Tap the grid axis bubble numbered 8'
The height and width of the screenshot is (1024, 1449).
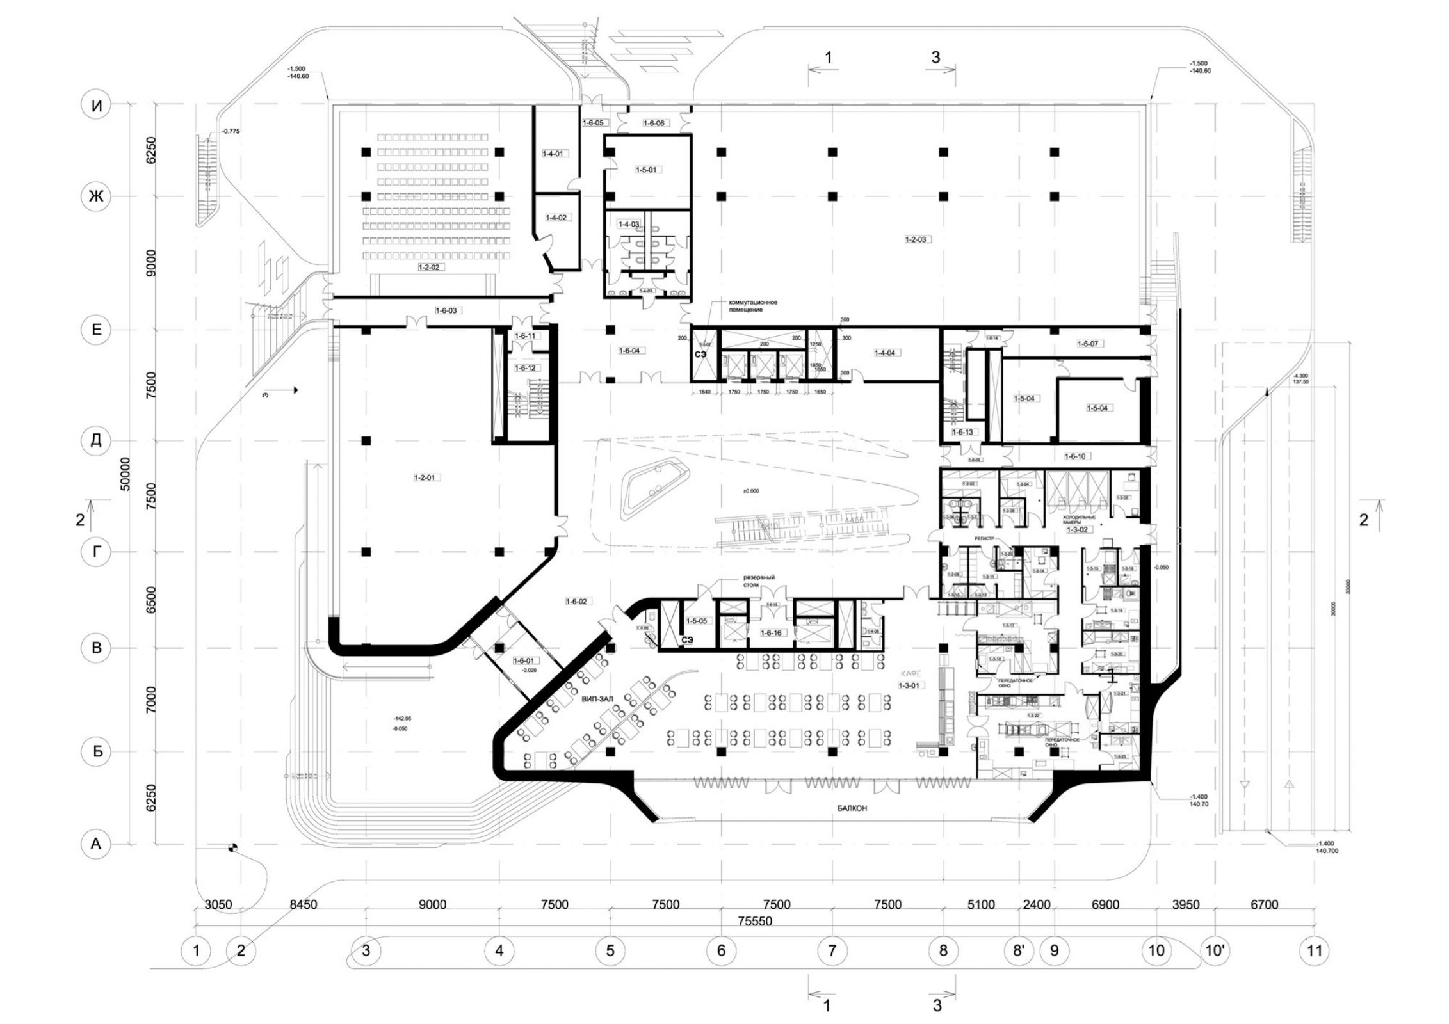(x=1019, y=950)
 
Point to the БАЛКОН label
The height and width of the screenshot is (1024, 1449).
(x=852, y=808)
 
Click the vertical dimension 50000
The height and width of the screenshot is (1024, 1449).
(x=125, y=473)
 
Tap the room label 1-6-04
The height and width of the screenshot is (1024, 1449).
(x=629, y=351)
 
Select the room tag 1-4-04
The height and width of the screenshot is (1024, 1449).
(x=884, y=353)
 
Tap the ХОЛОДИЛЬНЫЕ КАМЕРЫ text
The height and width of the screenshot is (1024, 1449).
(x=1079, y=520)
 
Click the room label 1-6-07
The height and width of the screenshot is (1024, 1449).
(x=1087, y=344)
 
